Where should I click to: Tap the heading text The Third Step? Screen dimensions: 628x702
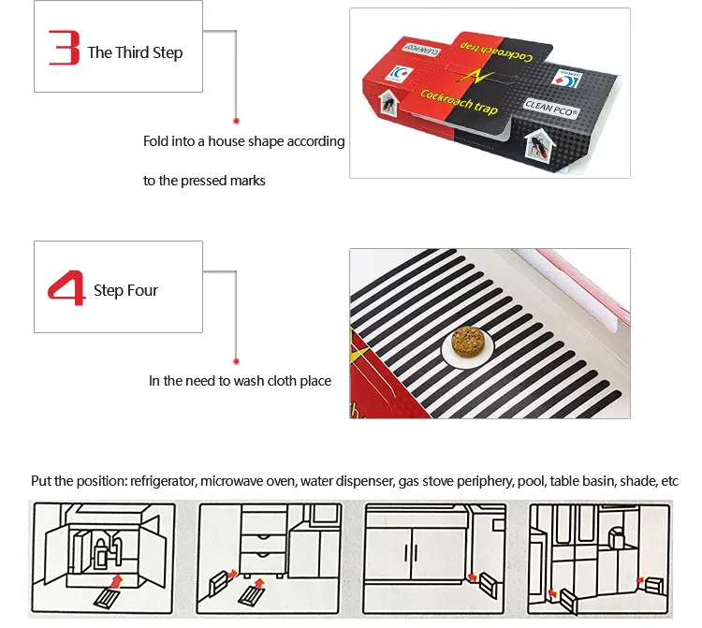(x=135, y=52)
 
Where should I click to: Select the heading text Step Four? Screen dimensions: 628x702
(x=125, y=290)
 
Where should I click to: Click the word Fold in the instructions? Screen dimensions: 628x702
(x=155, y=141)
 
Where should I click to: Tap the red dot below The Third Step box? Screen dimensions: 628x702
(x=236, y=120)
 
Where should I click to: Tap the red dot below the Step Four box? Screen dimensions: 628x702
(x=236, y=359)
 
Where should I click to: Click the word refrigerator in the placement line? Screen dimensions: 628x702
(x=167, y=481)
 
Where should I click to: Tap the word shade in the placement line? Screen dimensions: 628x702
(x=638, y=481)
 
